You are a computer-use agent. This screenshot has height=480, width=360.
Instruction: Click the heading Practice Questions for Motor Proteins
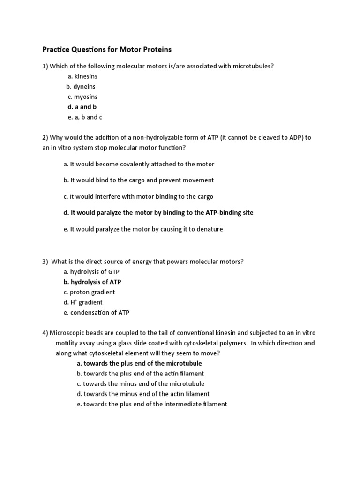(107, 49)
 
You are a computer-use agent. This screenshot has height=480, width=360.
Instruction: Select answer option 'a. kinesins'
(82, 76)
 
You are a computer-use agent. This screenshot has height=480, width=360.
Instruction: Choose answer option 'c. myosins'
(82, 97)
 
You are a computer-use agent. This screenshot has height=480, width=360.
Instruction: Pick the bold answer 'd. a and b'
(82, 107)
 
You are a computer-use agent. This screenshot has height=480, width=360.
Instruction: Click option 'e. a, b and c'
(84, 117)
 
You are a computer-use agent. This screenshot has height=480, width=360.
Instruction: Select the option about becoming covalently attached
(139, 164)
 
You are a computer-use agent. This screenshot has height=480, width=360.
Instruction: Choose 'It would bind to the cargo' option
(138, 180)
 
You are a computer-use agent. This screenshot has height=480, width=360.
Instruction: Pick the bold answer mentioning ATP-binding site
(158, 213)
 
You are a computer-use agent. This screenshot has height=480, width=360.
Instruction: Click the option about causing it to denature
(143, 229)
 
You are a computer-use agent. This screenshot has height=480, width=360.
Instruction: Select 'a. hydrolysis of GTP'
(88, 272)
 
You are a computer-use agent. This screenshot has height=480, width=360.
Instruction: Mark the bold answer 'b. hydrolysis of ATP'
(92, 282)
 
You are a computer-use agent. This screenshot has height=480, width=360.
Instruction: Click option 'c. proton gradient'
(89, 292)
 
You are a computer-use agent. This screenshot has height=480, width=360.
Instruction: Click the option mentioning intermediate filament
(152, 404)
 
